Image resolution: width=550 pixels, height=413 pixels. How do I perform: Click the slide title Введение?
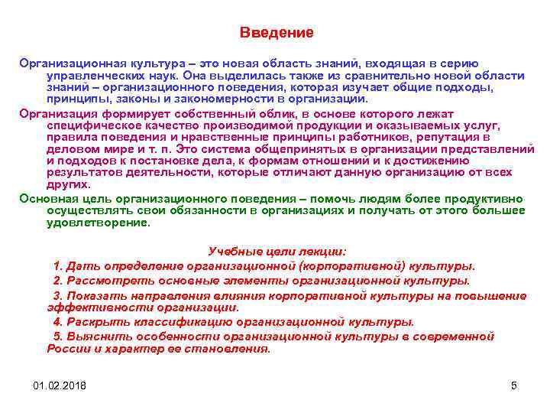tap(276, 33)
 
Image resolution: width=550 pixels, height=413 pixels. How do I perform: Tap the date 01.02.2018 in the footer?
tap(60, 385)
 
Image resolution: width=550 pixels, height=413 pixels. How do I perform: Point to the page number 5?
tap(514, 385)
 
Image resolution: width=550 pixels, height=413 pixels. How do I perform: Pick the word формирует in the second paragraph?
tap(127, 112)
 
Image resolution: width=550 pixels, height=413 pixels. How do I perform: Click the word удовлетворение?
tap(99, 223)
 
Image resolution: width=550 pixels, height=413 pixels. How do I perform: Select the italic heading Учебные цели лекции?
tap(277, 252)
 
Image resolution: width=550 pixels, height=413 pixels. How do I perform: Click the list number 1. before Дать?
tap(58, 265)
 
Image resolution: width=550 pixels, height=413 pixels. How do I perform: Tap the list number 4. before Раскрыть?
tap(58, 321)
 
